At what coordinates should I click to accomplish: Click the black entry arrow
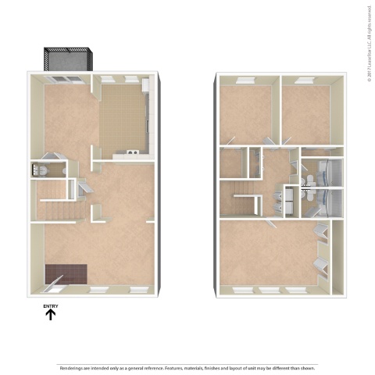pos(51,316)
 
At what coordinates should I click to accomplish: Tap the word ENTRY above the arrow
pos(51,305)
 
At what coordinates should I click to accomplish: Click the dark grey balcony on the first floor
pos(69,59)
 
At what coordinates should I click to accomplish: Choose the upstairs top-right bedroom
pos(305,113)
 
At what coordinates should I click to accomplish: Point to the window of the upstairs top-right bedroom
pos(306,80)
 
